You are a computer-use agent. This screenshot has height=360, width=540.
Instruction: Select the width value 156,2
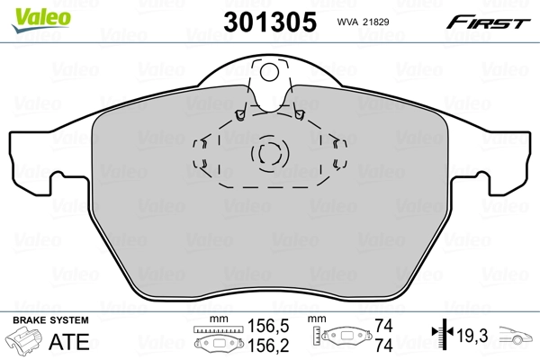(263, 346)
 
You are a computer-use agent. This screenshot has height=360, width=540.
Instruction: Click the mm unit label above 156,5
(215, 319)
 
